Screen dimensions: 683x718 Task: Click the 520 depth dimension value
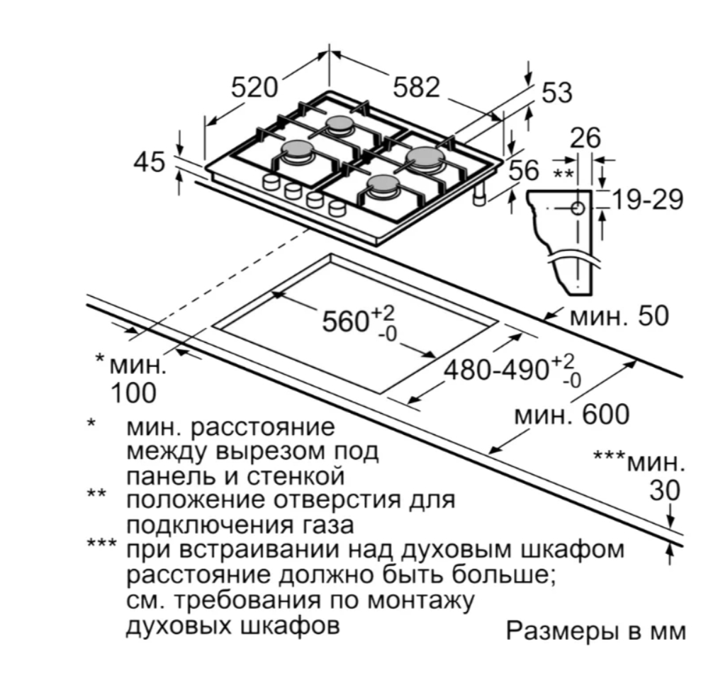click(254, 88)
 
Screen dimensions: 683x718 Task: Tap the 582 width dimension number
click(417, 88)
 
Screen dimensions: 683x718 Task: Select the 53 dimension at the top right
click(556, 93)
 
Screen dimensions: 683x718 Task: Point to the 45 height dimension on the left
click(150, 162)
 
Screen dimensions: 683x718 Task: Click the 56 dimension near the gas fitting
click(525, 171)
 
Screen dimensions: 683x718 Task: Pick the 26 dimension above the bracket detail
click(585, 138)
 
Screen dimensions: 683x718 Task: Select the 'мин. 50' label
click(619, 317)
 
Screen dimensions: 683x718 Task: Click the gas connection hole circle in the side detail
click(577, 208)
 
